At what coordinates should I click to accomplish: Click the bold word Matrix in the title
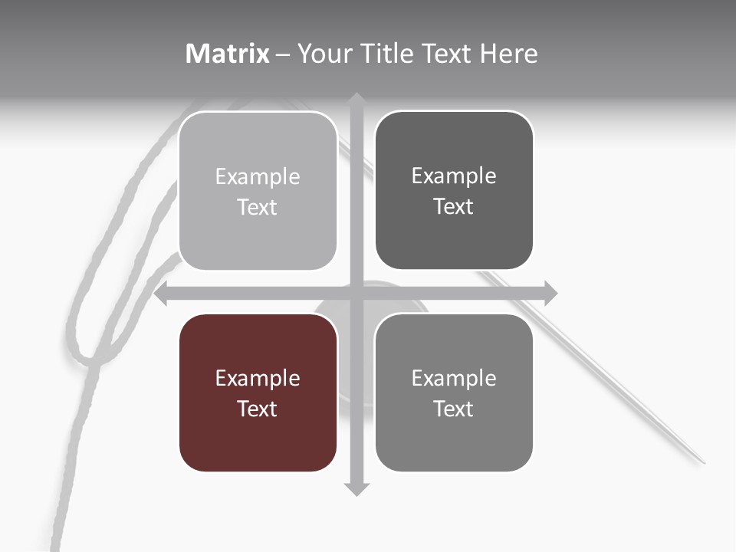click(x=228, y=54)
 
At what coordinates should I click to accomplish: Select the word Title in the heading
click(x=390, y=54)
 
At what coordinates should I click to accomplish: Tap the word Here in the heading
click(x=508, y=54)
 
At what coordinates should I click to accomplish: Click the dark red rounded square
click(x=258, y=393)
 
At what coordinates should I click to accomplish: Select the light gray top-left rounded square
click(x=258, y=191)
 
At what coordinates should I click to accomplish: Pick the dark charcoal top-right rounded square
click(x=454, y=190)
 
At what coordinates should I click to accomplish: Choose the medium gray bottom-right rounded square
click(x=454, y=393)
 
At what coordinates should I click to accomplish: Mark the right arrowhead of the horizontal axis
click(x=551, y=294)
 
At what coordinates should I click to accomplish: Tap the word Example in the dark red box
click(x=258, y=378)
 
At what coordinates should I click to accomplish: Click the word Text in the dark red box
click(x=258, y=409)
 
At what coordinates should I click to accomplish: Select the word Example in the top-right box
click(x=454, y=176)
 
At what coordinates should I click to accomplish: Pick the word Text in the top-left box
click(x=258, y=207)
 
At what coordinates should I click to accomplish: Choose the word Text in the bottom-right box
click(x=454, y=409)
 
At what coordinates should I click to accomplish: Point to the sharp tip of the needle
click(x=703, y=462)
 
